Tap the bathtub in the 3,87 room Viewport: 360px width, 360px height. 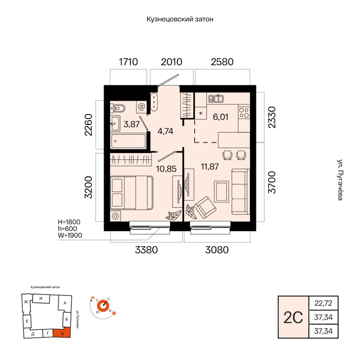point(128,141)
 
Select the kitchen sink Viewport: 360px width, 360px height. point(216,99)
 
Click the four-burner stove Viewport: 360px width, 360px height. point(244,112)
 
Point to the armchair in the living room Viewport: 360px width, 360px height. point(205,207)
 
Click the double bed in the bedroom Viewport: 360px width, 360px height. point(132,193)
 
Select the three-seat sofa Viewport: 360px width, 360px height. point(241,192)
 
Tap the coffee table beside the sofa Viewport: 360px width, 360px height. point(222,192)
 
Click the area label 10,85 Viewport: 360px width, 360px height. point(166,169)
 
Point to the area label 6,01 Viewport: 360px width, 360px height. point(220,117)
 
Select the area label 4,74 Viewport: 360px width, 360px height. point(165,131)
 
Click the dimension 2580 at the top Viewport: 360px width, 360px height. point(222,62)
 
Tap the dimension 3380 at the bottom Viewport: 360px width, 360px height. point(146,250)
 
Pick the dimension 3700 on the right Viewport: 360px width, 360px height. point(272,182)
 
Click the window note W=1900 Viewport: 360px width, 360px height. point(70,235)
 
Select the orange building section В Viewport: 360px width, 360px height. point(62,333)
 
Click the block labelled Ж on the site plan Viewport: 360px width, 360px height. point(26,302)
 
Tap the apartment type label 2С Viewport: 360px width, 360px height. point(293,318)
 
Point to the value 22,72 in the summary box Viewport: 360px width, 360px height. point(323,303)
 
